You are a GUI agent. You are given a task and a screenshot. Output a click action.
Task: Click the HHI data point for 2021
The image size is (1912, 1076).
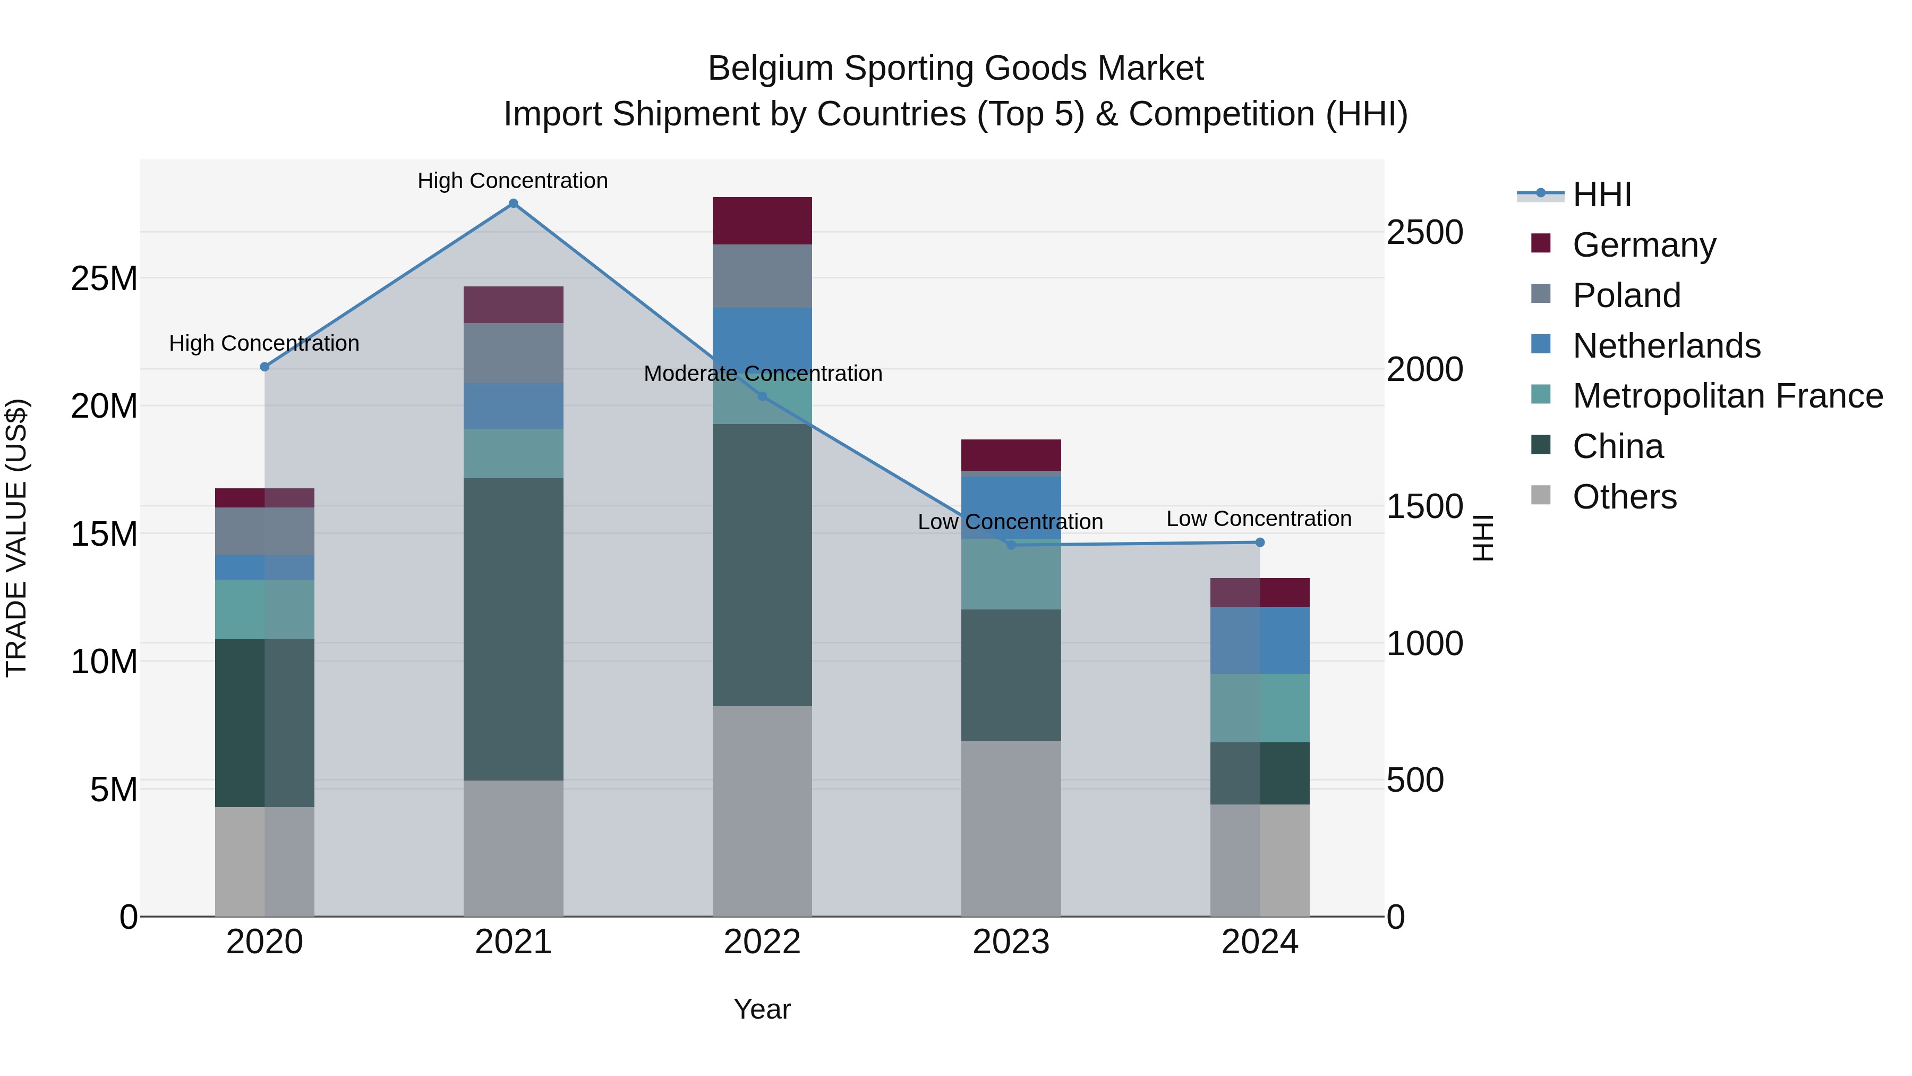(513, 204)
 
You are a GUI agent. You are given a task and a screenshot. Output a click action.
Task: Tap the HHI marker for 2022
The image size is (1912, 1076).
(762, 396)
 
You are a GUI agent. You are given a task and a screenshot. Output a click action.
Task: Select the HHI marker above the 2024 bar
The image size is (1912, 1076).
(1260, 542)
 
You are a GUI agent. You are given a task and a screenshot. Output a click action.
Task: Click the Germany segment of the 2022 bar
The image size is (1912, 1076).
(762, 221)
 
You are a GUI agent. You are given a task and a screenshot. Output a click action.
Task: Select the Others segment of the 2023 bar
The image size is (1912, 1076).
(1011, 828)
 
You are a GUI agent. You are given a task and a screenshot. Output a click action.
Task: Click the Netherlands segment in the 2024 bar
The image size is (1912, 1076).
(1260, 640)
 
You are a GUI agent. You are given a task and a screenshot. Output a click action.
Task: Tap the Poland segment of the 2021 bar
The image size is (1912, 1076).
(513, 353)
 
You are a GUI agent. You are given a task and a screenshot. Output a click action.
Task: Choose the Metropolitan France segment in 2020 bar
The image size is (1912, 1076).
(264, 609)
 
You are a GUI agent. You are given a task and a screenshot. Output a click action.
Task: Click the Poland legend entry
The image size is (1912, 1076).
(1626, 295)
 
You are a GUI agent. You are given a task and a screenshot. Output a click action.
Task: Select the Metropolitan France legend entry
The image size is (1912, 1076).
(1727, 396)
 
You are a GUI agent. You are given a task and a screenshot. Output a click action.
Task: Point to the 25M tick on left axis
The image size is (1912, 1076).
(104, 279)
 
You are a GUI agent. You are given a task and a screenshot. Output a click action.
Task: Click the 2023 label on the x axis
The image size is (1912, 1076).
(1011, 942)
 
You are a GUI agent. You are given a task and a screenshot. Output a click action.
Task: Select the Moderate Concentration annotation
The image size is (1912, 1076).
(762, 374)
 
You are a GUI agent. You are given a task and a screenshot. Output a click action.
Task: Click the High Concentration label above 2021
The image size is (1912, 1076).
(513, 181)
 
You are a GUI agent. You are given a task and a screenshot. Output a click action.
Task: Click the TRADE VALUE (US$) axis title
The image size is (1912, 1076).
(16, 538)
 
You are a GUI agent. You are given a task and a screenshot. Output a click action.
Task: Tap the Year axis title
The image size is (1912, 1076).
(762, 1009)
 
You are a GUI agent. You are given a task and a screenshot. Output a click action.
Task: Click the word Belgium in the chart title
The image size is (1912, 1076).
(771, 69)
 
